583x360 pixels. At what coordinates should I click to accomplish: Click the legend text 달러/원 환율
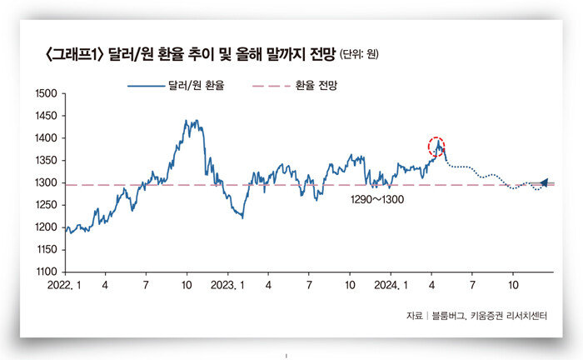click(x=199, y=86)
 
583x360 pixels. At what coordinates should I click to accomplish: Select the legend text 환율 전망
click(x=320, y=86)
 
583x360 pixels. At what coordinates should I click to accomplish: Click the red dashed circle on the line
click(x=437, y=147)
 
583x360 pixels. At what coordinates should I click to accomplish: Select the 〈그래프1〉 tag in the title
click(x=76, y=55)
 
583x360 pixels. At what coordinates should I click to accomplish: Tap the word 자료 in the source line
click(x=414, y=315)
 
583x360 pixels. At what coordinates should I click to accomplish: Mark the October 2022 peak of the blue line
click(x=191, y=122)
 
